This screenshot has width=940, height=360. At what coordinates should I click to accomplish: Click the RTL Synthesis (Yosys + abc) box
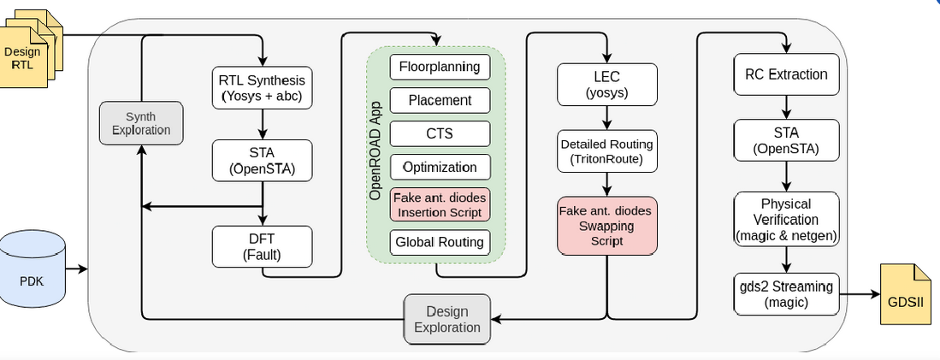[262, 87]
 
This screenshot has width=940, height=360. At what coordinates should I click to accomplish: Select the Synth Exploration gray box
[141, 123]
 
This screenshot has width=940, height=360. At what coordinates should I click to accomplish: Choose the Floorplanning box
[440, 67]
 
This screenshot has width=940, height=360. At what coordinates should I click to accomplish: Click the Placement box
[440, 100]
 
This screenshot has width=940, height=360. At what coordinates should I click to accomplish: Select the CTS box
[440, 133]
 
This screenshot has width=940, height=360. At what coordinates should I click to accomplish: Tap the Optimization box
[440, 167]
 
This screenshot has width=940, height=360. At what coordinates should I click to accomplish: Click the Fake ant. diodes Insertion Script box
[440, 205]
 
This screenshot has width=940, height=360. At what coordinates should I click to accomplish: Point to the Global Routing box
[440, 242]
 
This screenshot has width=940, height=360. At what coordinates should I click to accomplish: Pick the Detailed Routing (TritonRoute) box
[607, 151]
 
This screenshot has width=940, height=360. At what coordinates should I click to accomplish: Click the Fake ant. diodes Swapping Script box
[607, 226]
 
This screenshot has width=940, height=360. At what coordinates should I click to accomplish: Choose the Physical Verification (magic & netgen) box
[786, 219]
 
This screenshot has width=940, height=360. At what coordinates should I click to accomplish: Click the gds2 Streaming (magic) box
[786, 293]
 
